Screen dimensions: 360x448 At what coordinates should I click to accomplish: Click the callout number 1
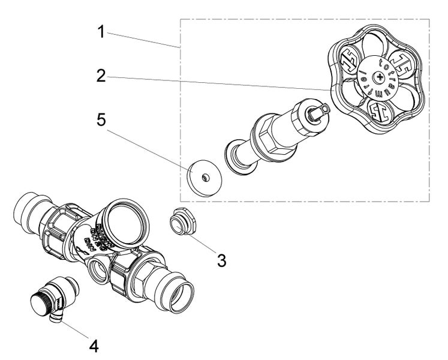pos(103,31)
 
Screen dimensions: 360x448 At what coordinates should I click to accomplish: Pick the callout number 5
pos(103,120)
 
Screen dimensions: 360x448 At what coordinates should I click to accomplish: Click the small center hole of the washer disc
pos(205,176)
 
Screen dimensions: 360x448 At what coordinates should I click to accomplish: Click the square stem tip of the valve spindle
pos(322,110)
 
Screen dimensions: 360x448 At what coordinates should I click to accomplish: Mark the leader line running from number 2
pos(216,82)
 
